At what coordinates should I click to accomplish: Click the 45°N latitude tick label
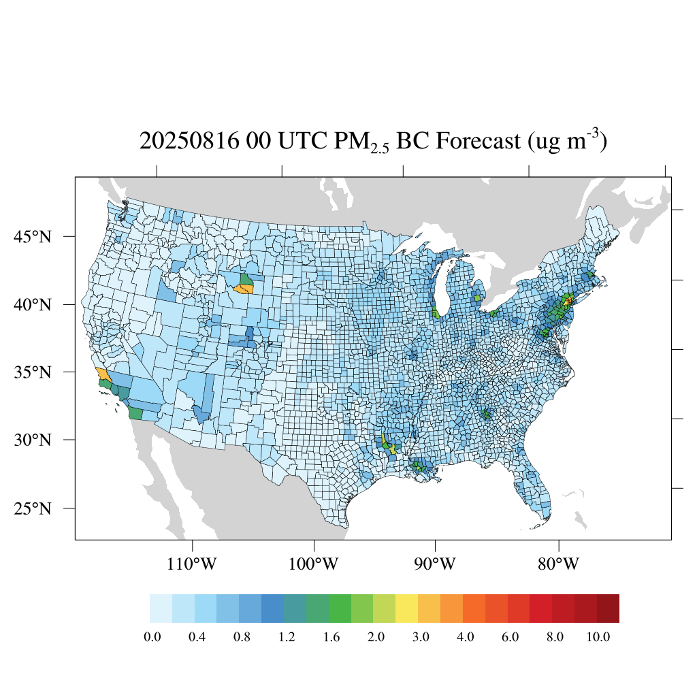tap(32, 237)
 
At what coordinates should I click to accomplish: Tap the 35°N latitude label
tap(32, 372)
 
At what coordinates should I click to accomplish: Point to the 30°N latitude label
tap(32, 440)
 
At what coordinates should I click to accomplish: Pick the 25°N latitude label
tap(32, 508)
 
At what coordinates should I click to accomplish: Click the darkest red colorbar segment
tap(608, 609)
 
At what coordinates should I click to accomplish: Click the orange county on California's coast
tap(104, 374)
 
